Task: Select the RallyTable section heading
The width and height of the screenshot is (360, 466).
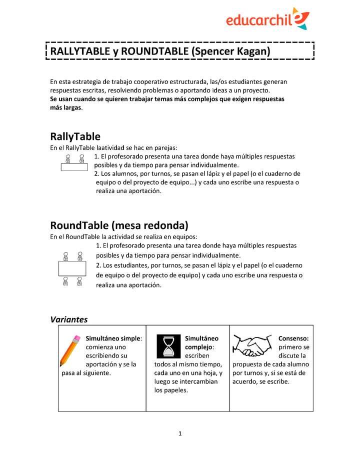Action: coord(75,136)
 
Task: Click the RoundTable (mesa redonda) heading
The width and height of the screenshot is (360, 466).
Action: coord(119,225)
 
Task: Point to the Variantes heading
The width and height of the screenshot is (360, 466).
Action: coord(69,319)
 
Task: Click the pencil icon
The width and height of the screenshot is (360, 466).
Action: coord(70,351)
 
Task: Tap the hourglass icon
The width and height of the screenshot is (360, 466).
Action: coord(168,346)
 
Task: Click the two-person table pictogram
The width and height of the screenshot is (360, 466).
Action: coord(74,163)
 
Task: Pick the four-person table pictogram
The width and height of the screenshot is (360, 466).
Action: coord(72,269)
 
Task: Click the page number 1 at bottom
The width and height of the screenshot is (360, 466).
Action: coord(180,433)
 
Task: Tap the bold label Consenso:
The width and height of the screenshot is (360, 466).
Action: coord(293,338)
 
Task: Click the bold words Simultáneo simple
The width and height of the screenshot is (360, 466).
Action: coord(113,338)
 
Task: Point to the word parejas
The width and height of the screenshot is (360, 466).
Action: coord(165,147)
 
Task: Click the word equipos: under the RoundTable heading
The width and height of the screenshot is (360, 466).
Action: coord(184,236)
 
